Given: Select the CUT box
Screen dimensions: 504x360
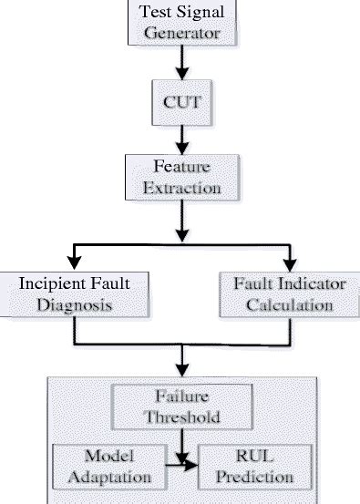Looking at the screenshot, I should (182, 104).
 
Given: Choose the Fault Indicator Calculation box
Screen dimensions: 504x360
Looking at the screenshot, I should (288, 294).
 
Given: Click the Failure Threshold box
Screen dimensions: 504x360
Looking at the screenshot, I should (181, 406).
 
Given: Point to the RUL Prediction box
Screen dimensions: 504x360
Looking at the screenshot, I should (249, 467).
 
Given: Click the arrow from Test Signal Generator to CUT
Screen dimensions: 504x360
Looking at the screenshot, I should (182, 64).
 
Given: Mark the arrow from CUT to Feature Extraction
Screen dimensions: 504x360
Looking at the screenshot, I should (182, 138).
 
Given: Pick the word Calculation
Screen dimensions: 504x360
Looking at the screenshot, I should (289, 305).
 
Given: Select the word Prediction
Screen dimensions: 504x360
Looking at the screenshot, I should (249, 477).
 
